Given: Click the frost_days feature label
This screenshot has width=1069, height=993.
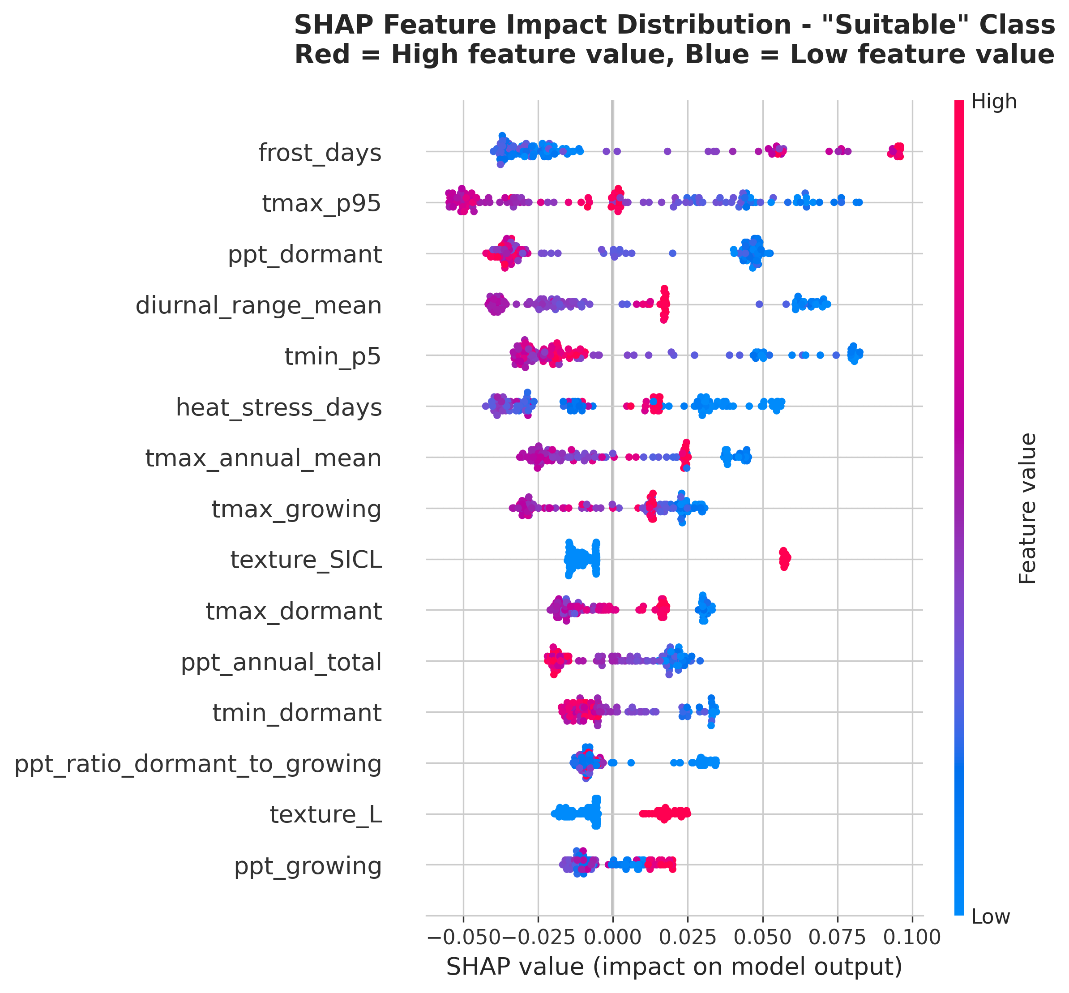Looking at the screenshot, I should point(320,153).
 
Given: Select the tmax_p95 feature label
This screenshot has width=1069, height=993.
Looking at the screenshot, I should point(321,204).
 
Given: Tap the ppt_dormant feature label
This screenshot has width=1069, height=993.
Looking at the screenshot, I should point(304,255).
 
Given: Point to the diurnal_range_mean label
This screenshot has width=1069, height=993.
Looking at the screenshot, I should point(258,306).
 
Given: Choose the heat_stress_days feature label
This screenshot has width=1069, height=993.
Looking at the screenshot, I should point(279,408).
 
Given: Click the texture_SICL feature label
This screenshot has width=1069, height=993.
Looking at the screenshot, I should point(306,561).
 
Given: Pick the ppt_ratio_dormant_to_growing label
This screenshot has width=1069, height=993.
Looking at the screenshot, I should point(198,764).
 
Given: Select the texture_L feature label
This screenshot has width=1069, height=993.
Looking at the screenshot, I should point(325,815).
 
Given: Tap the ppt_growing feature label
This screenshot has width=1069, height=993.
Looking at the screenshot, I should point(308,866).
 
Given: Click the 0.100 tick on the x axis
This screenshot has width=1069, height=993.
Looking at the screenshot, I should point(911,937).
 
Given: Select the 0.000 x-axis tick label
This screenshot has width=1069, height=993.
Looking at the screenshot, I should point(612,937).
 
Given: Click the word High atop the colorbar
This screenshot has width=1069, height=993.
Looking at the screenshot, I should point(994,102).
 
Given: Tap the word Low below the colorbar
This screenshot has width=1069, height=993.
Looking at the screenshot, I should point(991,917).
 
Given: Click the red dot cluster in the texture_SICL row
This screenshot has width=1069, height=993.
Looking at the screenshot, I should point(784,559).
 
